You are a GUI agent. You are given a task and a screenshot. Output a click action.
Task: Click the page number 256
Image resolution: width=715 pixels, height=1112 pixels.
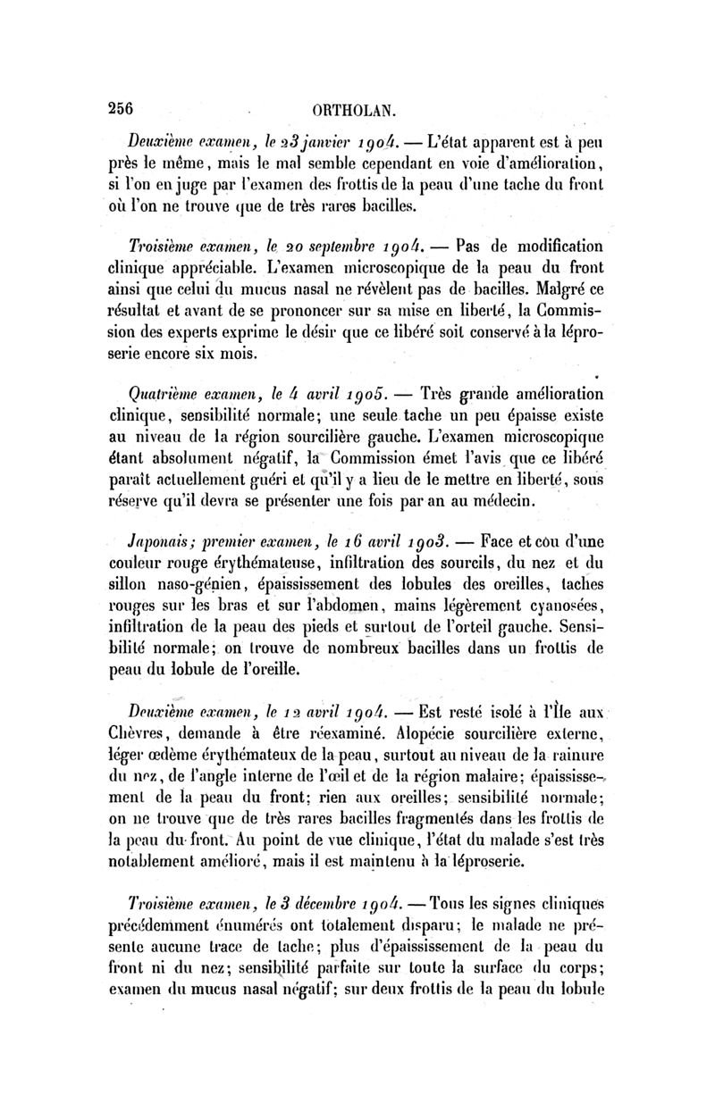point(120,108)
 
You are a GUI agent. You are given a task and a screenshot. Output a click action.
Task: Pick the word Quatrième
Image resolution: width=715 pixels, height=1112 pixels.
point(166,396)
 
